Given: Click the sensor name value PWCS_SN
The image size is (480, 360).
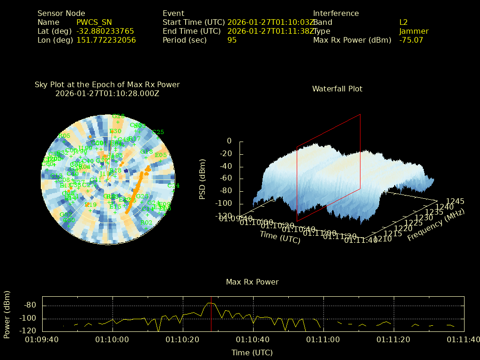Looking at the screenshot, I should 94,22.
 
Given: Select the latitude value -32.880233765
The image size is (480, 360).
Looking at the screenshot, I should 105,31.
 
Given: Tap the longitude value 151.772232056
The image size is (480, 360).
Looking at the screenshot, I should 106,40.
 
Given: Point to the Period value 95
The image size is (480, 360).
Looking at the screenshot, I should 232,40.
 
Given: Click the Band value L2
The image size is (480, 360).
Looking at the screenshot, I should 403,22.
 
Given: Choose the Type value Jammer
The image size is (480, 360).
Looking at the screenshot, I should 413,31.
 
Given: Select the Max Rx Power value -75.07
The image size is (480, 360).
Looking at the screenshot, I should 411,40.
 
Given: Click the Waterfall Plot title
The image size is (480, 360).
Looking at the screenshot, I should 337,89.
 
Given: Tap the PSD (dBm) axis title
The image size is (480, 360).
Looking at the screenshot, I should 202,179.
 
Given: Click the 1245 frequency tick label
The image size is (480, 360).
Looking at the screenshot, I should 455,202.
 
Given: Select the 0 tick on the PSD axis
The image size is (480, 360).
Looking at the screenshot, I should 229,141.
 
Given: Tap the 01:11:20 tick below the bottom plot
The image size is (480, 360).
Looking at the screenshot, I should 395,339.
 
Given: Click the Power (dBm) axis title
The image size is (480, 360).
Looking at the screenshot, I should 7,314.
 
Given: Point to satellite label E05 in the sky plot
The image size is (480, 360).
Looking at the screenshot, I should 161,155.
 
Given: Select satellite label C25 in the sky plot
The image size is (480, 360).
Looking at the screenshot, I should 158,132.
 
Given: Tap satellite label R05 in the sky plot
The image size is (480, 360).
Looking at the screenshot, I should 64,136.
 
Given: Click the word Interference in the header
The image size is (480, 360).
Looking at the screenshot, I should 336,14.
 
